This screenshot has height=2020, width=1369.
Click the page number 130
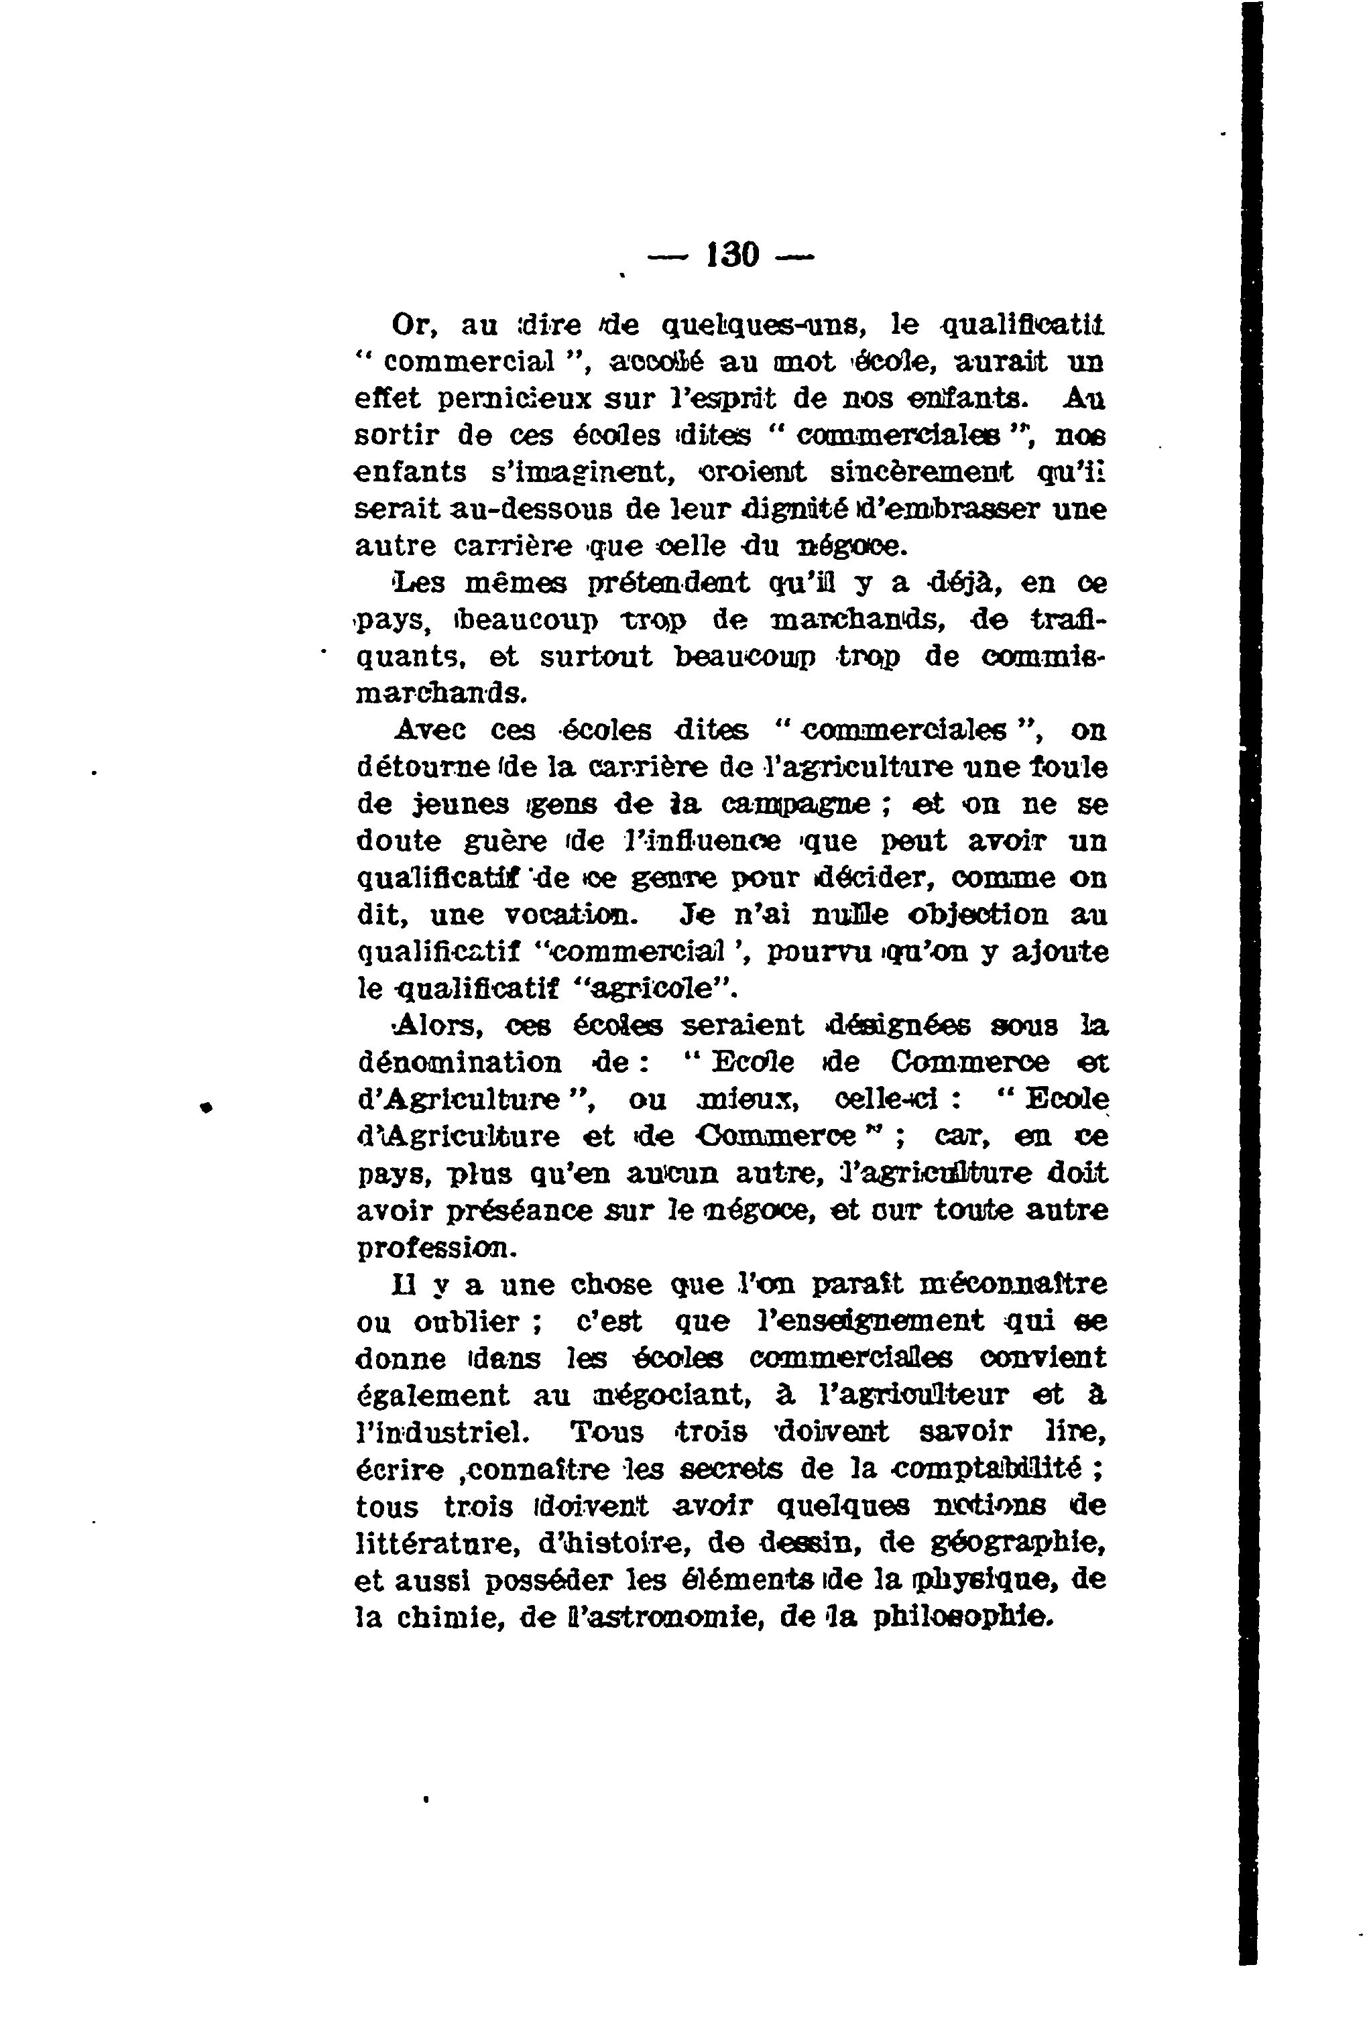733,255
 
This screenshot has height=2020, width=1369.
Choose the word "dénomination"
460,1063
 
